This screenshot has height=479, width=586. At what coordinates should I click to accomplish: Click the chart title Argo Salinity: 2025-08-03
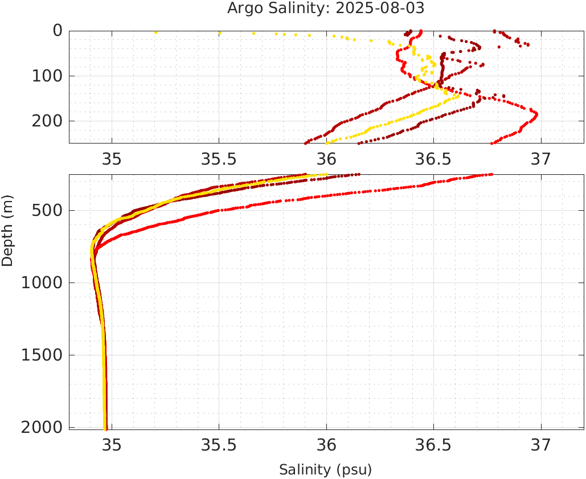click(x=326, y=9)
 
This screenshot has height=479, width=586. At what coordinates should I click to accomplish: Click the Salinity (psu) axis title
click(x=325, y=470)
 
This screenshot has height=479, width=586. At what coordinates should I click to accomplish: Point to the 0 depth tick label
click(x=57, y=31)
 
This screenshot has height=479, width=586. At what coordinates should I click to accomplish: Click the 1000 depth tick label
click(x=43, y=283)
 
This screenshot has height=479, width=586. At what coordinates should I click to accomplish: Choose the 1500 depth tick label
click(x=43, y=355)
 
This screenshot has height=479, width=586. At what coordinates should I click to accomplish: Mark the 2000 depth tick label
click(x=43, y=427)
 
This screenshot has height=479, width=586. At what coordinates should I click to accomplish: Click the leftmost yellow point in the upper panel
click(x=155, y=32)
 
